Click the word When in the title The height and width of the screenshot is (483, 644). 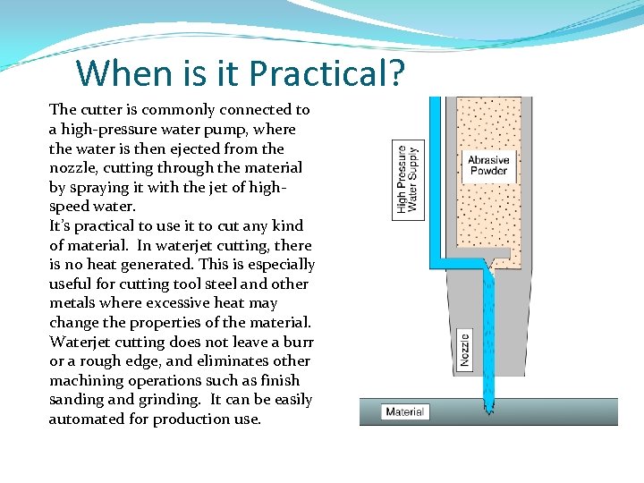click(114, 73)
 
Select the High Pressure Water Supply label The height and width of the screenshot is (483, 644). click(407, 182)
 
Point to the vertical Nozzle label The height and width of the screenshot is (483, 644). click(464, 347)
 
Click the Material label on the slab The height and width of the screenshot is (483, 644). click(405, 412)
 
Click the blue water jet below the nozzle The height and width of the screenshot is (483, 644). click(488, 385)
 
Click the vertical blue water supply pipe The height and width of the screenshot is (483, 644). click(436, 179)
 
